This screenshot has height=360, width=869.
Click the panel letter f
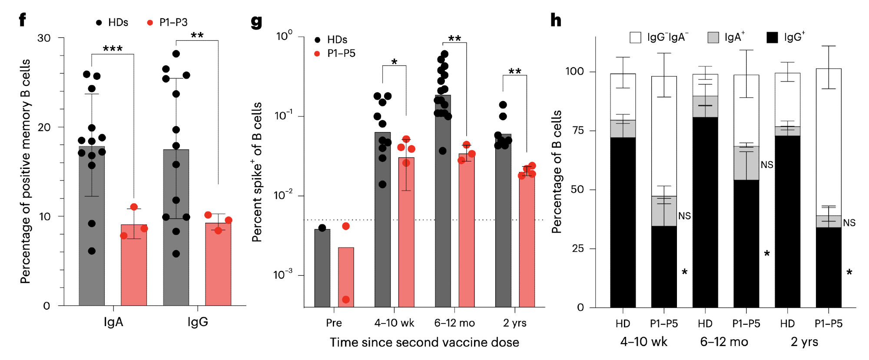(x=22, y=20)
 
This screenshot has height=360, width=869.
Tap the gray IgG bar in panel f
(x=176, y=261)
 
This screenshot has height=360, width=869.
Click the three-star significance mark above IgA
(x=113, y=49)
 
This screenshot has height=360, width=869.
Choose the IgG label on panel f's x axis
(x=198, y=322)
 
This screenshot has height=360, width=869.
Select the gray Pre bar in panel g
(x=322, y=269)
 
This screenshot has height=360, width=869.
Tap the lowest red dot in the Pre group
(x=346, y=300)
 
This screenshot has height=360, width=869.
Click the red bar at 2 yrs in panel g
(x=527, y=243)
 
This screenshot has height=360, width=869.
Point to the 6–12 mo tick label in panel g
(x=454, y=323)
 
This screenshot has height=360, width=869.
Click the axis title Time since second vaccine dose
(x=424, y=343)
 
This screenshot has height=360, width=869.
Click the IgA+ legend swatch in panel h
(x=713, y=37)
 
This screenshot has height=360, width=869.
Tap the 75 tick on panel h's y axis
(x=577, y=131)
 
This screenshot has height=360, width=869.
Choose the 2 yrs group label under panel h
(x=804, y=342)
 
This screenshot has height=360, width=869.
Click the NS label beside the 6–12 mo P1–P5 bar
(x=767, y=165)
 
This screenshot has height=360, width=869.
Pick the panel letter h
(x=556, y=20)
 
